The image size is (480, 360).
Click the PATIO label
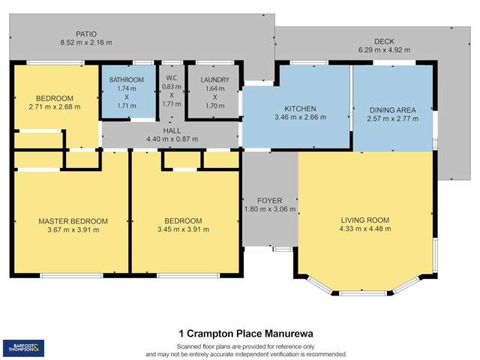[86, 34]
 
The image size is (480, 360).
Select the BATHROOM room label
[126, 79]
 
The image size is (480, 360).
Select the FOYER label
[269, 200]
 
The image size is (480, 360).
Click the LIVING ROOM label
[365, 220]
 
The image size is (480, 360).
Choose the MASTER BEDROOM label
[73, 221]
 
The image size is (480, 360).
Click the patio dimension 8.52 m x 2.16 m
[86, 43]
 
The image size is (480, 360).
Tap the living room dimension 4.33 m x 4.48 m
[365, 229]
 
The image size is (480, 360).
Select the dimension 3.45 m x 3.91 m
[184, 229]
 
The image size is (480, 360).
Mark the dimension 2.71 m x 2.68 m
[54, 107]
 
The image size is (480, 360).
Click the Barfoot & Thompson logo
[23, 347]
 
